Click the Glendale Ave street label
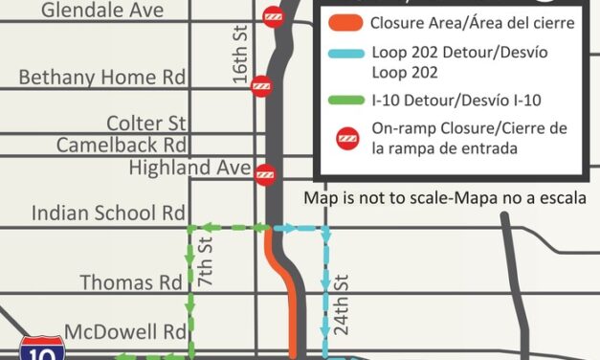(x=102, y=11)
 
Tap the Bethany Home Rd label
(x=103, y=78)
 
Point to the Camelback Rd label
(x=121, y=145)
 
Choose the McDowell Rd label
(x=123, y=332)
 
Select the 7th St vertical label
(x=204, y=262)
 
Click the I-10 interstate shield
(x=41, y=349)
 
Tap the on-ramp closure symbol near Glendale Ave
(x=274, y=17)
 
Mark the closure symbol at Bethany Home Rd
(x=259, y=86)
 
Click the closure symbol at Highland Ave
(x=265, y=174)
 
